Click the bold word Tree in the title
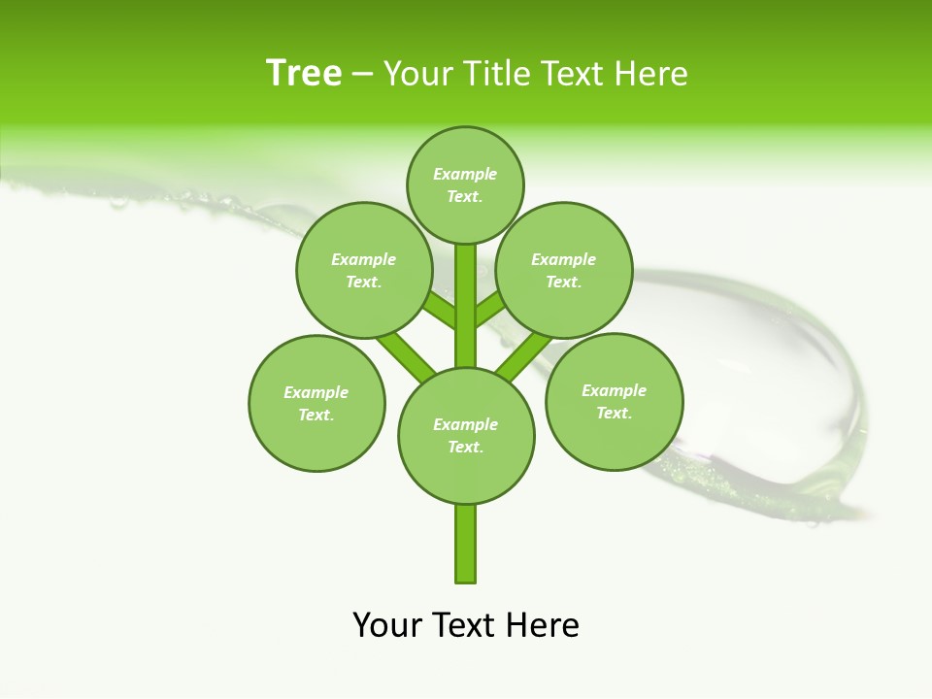click(x=304, y=73)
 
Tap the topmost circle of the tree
click(x=465, y=184)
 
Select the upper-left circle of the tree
click(x=363, y=270)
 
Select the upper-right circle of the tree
click(x=564, y=270)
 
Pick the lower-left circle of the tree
click(x=316, y=403)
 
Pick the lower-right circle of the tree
click(x=615, y=401)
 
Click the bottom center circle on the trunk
click(x=466, y=435)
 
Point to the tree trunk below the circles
click(x=466, y=544)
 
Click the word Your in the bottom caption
click(x=388, y=626)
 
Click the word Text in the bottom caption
click(x=464, y=626)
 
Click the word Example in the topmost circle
click(x=465, y=174)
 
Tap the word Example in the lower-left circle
click(x=316, y=392)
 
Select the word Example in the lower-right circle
click(x=615, y=390)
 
